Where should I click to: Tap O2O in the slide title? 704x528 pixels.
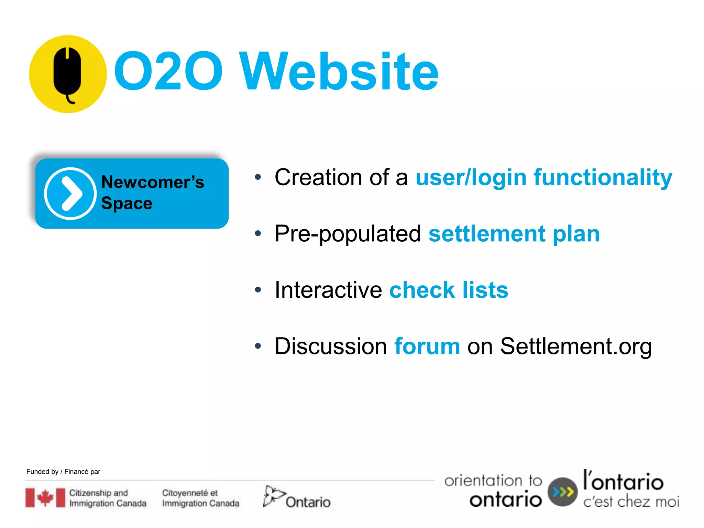pyautogui.click(x=168, y=71)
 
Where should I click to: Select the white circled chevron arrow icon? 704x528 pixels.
pyautogui.click(x=70, y=194)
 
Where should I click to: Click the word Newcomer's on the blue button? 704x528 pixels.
pyautogui.click(x=153, y=182)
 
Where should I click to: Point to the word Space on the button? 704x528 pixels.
pyautogui.click(x=126, y=203)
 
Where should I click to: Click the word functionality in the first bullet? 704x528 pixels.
pyautogui.click(x=603, y=177)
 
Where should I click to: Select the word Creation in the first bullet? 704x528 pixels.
pyautogui.click(x=318, y=177)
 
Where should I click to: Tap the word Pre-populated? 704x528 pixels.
pyautogui.click(x=348, y=234)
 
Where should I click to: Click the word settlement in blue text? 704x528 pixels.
pyautogui.click(x=487, y=234)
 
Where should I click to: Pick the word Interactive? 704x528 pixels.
pyautogui.click(x=328, y=290)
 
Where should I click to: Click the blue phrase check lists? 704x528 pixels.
pyautogui.click(x=449, y=290)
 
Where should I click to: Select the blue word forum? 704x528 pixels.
pyautogui.click(x=427, y=346)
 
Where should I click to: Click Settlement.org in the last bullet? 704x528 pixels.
pyautogui.click(x=576, y=346)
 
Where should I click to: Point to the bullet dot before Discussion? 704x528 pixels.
pyautogui.click(x=258, y=346)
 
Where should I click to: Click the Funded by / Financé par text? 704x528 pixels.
pyautogui.click(x=63, y=472)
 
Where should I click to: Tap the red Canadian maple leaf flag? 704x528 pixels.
pyautogui.click(x=45, y=497)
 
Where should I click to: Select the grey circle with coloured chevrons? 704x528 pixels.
pyautogui.click(x=562, y=492)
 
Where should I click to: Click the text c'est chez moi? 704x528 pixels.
pyautogui.click(x=631, y=502)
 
